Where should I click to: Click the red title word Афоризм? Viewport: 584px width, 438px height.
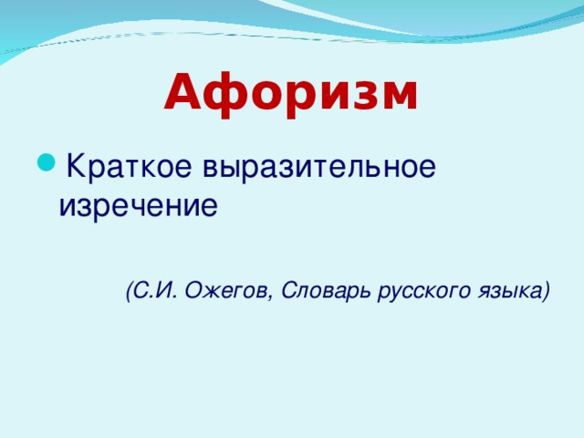click(291, 93)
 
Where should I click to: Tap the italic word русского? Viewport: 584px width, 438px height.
click(421, 292)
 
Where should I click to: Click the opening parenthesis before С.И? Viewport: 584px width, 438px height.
click(130, 291)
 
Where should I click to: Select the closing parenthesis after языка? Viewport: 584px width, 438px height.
click(546, 291)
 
